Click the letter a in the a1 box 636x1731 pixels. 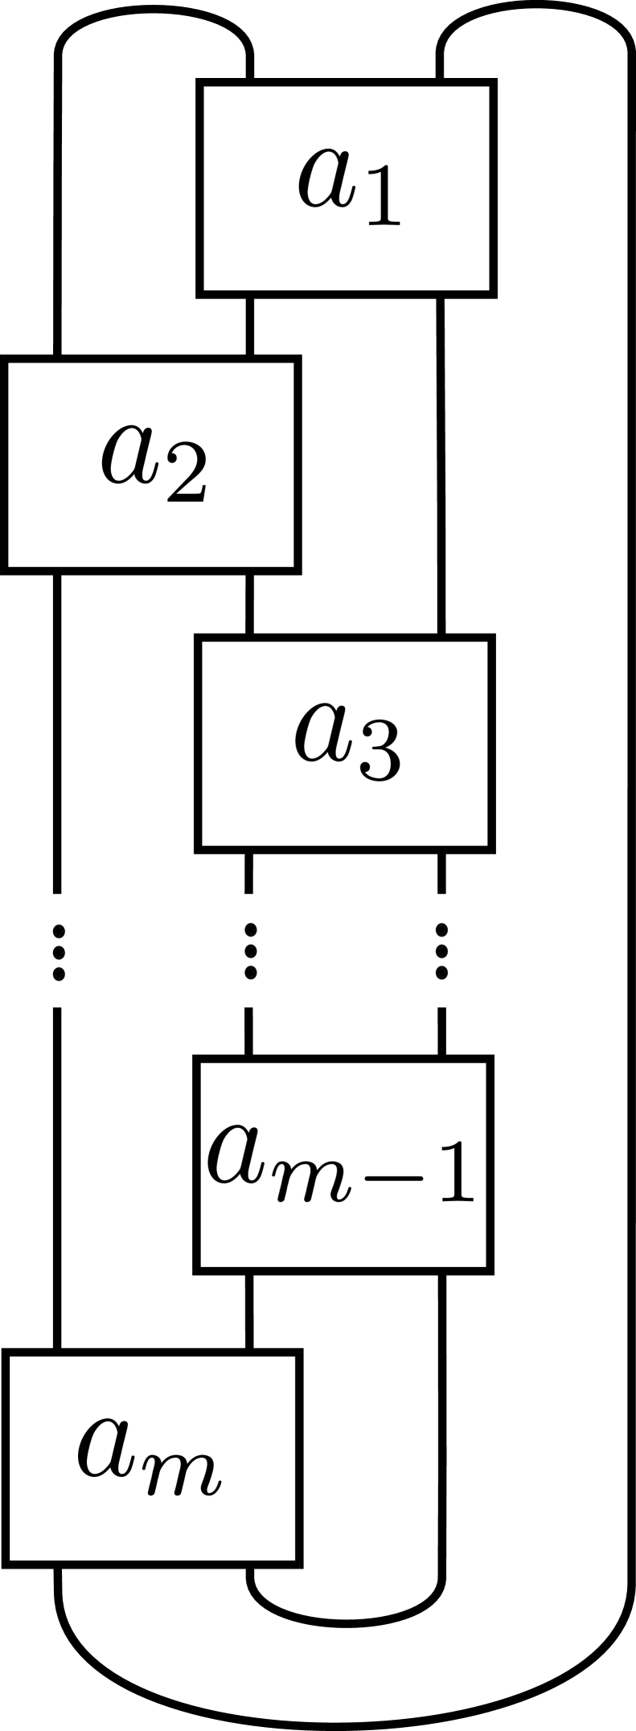pyautogui.click(x=326, y=177)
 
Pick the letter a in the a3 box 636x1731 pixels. pyautogui.click(x=323, y=733)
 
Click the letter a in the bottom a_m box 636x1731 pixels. pyautogui.click(x=108, y=1448)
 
